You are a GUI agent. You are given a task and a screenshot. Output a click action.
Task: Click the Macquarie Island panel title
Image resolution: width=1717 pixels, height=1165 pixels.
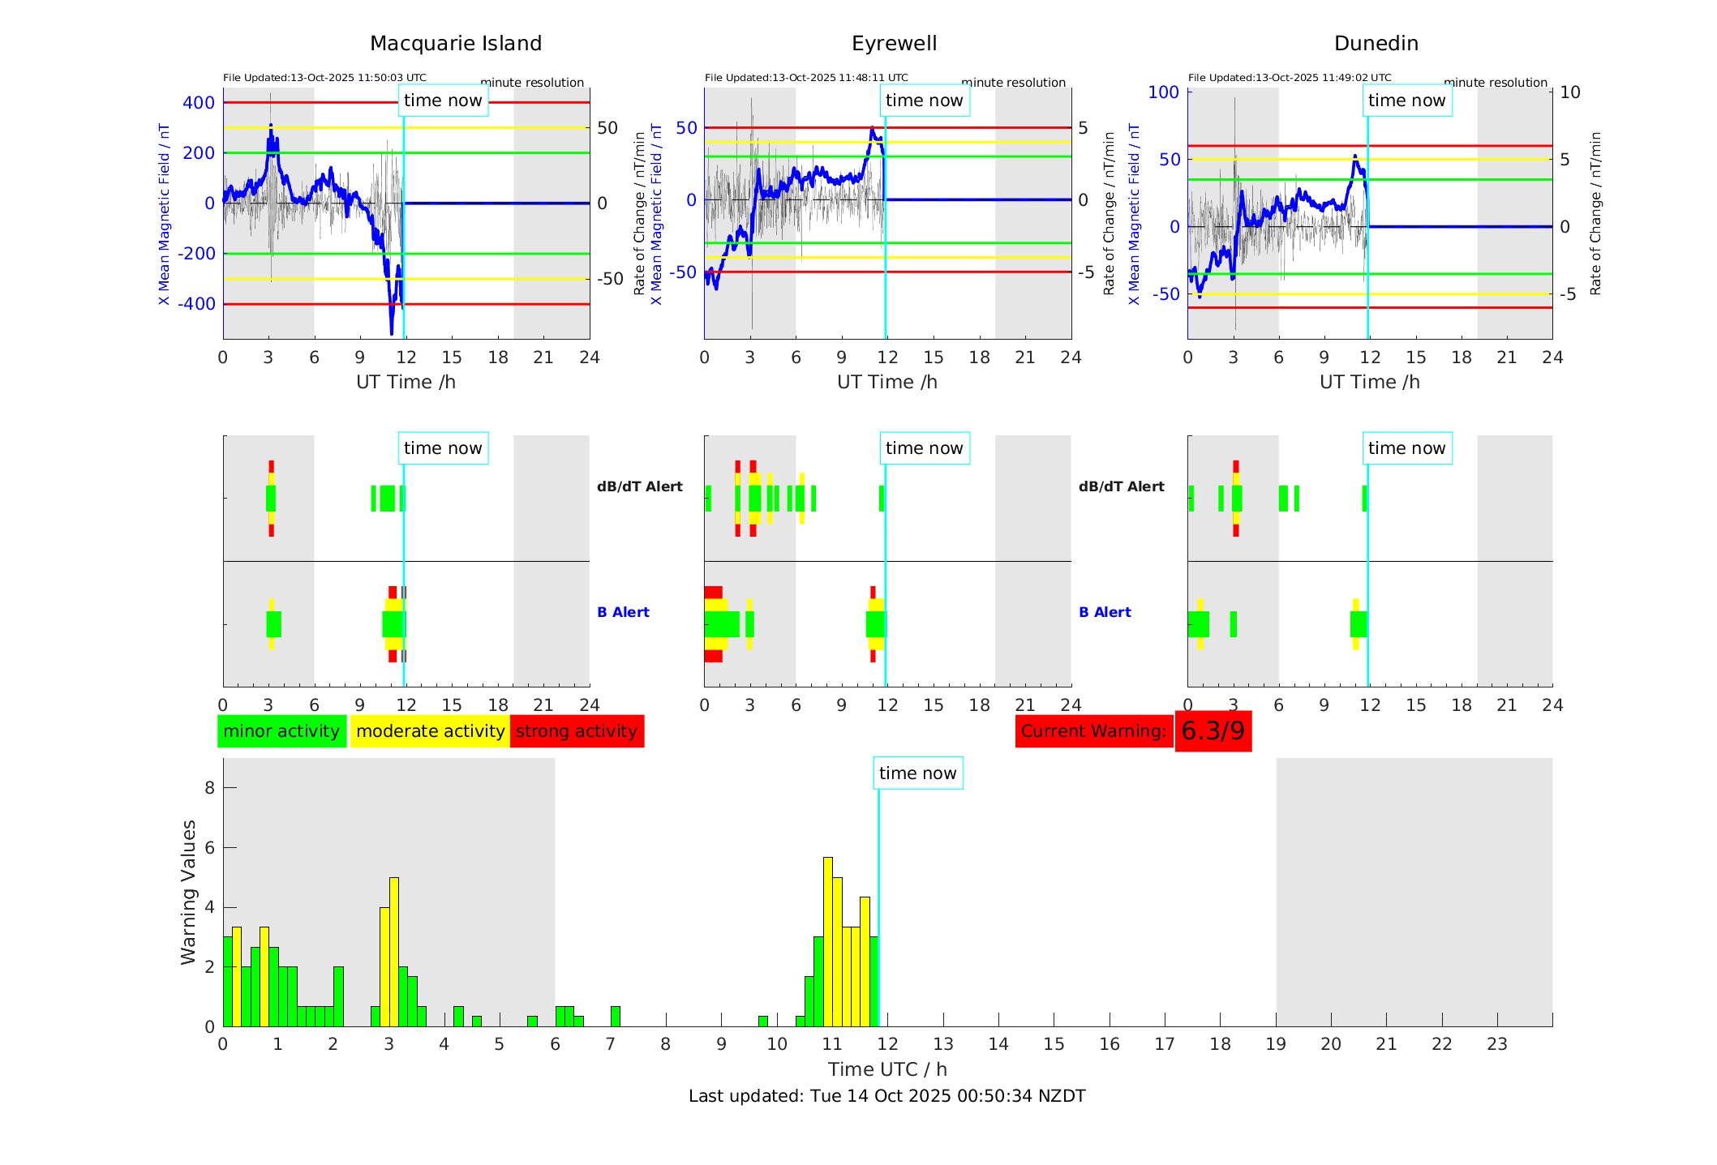click(456, 43)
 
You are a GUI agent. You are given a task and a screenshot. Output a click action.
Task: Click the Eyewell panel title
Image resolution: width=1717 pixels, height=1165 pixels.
click(894, 43)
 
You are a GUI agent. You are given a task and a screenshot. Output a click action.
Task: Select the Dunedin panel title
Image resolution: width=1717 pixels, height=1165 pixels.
click(1376, 43)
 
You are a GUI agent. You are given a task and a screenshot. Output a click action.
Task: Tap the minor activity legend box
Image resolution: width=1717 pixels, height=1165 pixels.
click(281, 731)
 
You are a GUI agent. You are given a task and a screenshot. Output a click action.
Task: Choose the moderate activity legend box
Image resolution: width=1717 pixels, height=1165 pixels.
click(430, 731)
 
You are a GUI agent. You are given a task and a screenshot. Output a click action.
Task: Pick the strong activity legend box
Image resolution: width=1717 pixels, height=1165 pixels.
click(577, 731)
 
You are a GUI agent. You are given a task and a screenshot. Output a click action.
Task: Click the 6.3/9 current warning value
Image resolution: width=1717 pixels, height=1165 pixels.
click(1213, 731)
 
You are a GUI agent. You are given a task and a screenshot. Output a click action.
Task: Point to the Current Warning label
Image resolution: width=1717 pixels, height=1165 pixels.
click(1093, 731)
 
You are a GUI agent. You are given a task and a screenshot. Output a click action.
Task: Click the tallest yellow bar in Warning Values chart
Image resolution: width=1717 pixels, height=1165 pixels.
click(828, 940)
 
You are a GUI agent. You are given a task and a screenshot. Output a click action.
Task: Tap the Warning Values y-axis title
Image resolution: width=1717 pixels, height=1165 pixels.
click(188, 892)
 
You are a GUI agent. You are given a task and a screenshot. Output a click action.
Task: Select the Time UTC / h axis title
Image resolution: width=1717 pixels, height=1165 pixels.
click(887, 1069)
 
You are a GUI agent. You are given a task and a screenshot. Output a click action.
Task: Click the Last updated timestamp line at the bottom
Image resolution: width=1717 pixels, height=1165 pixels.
click(886, 1096)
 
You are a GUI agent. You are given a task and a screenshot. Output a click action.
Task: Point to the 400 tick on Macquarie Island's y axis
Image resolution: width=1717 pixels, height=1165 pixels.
click(199, 103)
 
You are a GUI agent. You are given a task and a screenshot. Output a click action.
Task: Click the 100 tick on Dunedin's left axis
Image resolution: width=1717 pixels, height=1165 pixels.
click(1163, 92)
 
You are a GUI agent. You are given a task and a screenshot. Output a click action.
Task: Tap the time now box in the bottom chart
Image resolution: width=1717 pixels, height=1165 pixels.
click(917, 773)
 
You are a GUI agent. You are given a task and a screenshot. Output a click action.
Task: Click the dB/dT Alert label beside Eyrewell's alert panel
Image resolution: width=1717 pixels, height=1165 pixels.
click(1121, 486)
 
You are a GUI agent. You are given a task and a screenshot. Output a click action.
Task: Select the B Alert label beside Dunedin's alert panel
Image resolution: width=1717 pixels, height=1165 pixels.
click(1105, 612)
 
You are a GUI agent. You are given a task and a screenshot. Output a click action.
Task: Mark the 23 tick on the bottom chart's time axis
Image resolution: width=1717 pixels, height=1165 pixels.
click(1496, 1044)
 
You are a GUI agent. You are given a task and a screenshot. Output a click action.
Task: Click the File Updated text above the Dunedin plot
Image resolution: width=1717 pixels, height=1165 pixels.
click(1289, 78)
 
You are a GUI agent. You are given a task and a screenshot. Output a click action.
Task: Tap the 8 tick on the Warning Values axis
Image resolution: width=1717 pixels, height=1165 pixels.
click(210, 787)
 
